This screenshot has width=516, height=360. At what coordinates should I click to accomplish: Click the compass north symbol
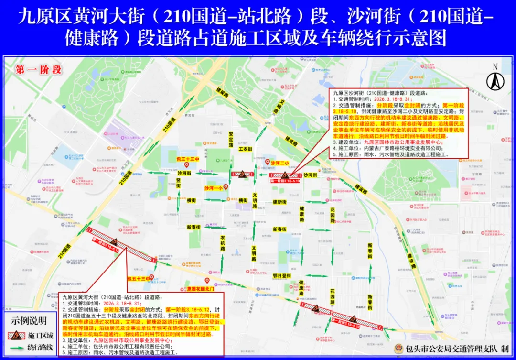pyautogui.click(x=495, y=81)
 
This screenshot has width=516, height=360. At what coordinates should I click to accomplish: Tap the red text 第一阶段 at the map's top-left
pyautogui.click(x=39, y=70)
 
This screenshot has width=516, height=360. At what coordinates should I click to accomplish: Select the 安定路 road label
pyautogui.click(x=231, y=141)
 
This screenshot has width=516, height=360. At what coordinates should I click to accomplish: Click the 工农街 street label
pyautogui.click(x=245, y=149)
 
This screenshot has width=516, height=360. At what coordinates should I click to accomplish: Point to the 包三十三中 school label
pyautogui.click(x=187, y=158)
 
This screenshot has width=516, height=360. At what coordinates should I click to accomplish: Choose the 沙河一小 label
pyautogui.click(x=214, y=188)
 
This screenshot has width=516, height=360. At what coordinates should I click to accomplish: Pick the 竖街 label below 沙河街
pyautogui.click(x=178, y=185)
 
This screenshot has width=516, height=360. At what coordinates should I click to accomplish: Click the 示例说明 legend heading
pyautogui.click(x=30, y=320)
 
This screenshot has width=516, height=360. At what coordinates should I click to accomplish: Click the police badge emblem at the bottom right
pyautogui.click(x=398, y=349)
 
